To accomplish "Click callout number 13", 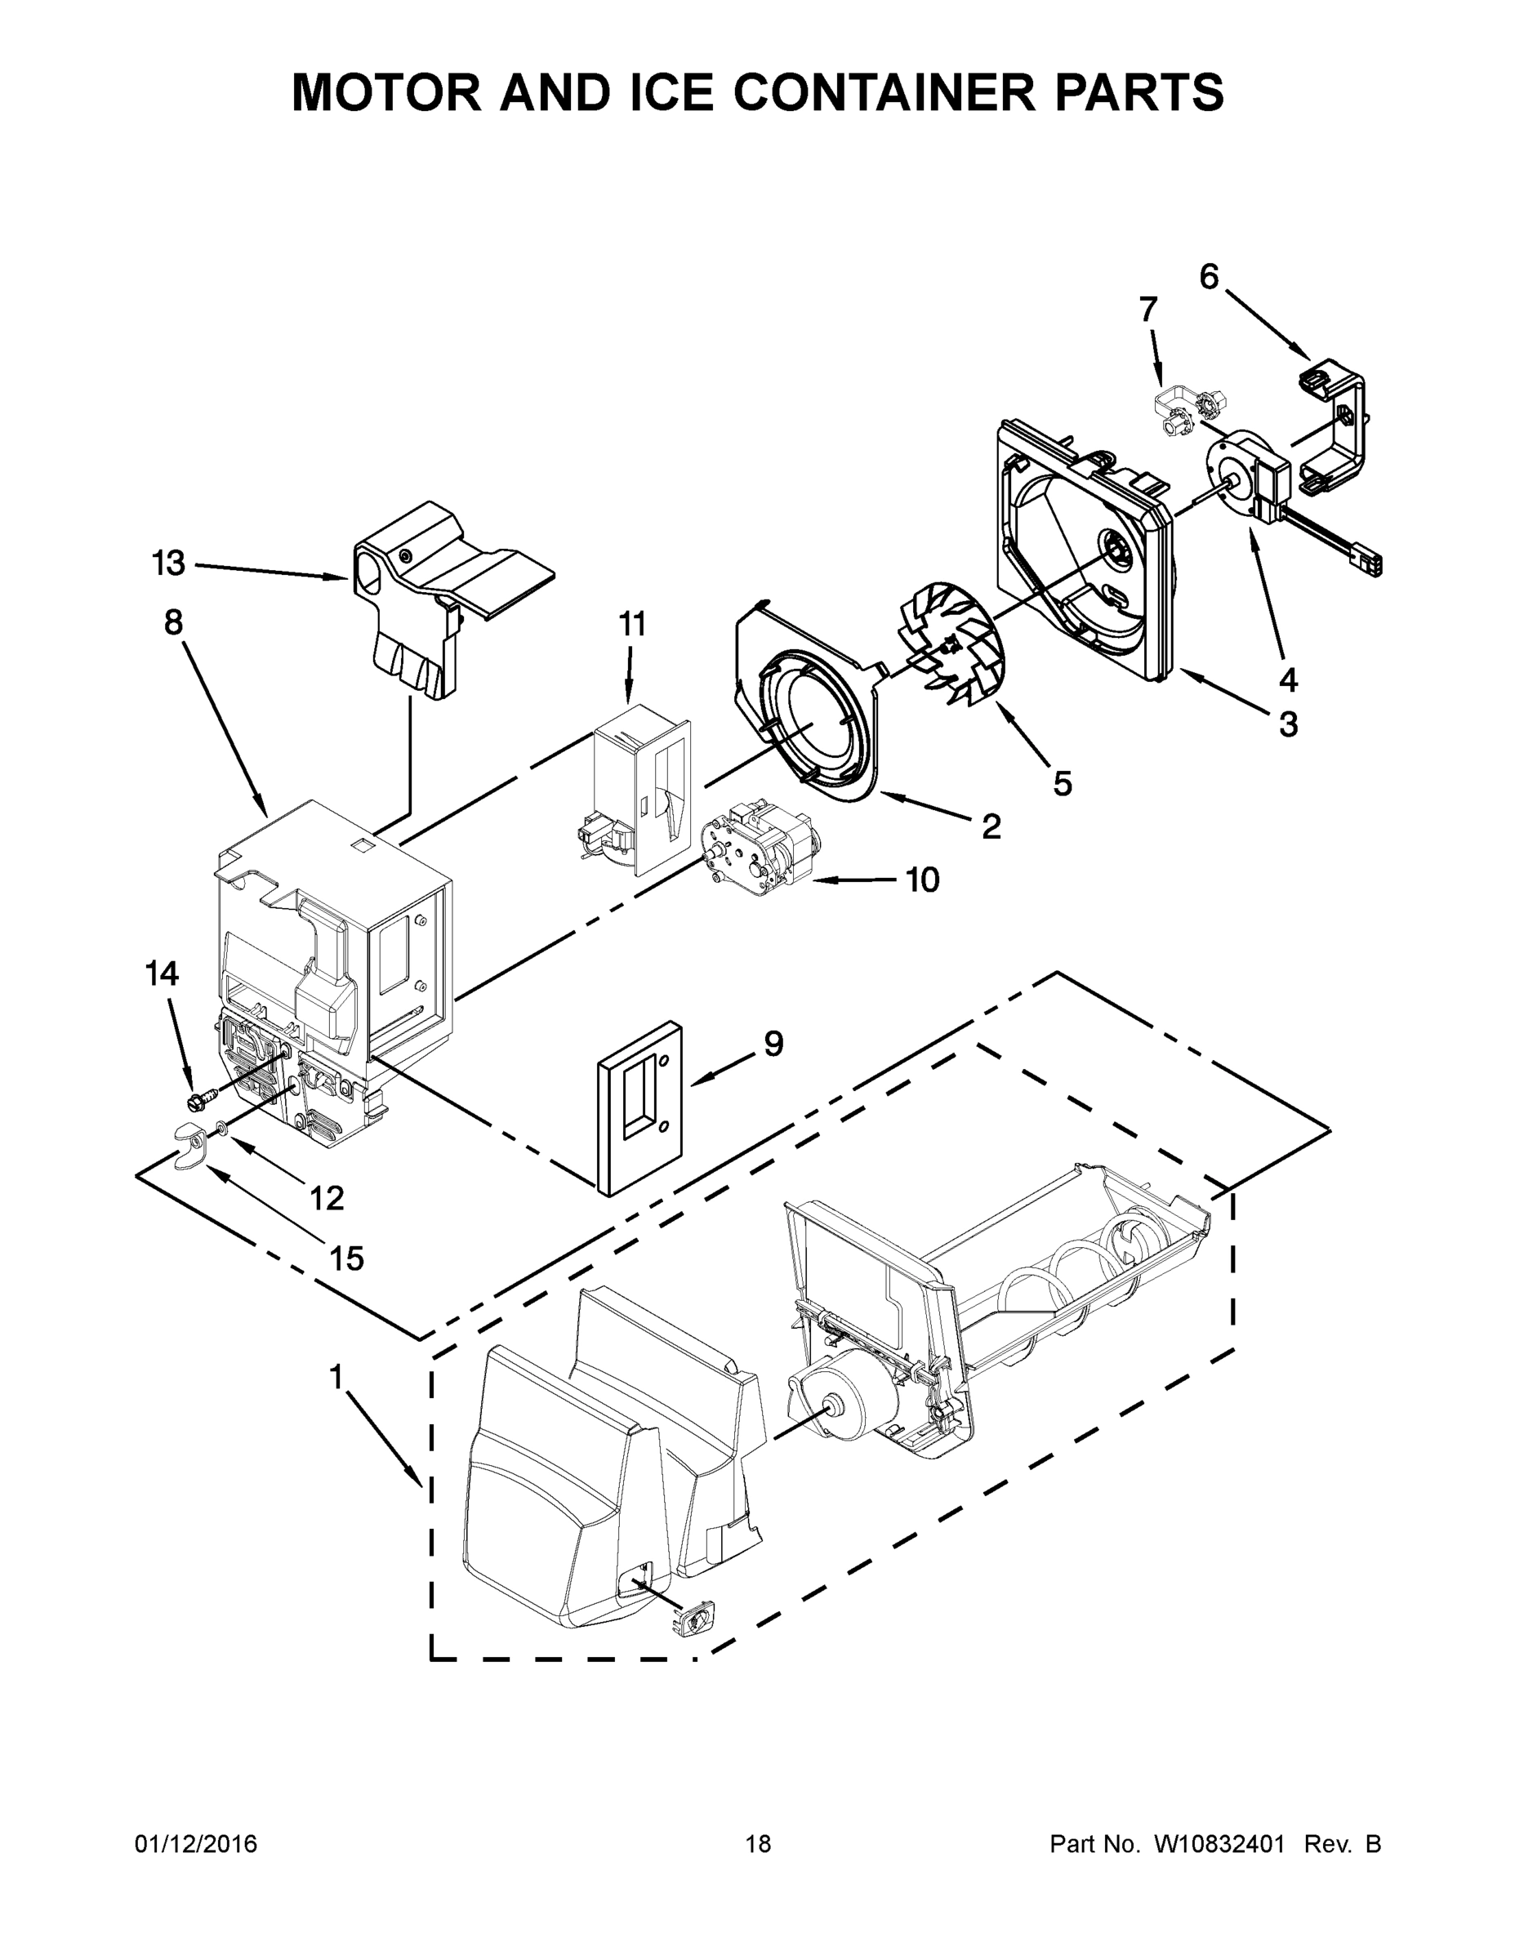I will pyautogui.click(x=168, y=563).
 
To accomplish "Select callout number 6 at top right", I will pyautogui.click(x=1209, y=278).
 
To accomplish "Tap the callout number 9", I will pyautogui.click(x=773, y=1043).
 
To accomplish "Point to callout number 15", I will pyautogui.click(x=346, y=1259).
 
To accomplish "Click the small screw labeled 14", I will pyautogui.click(x=201, y=1097).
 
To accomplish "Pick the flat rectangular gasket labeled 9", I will pyautogui.click(x=640, y=1109).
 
